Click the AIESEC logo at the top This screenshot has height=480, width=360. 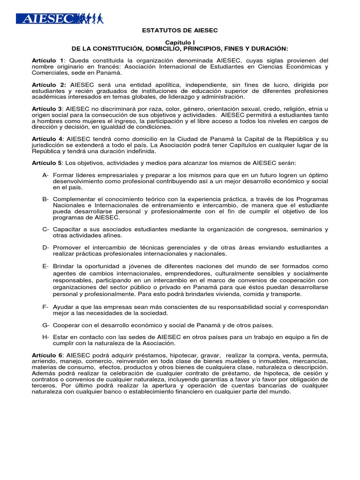(x=60, y=19)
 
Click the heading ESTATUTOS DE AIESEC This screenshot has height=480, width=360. (x=180, y=30)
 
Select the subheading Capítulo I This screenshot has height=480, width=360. (x=180, y=42)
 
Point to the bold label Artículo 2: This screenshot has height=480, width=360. (x=48, y=85)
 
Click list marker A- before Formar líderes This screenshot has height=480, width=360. (x=45, y=175)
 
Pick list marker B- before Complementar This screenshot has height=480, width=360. (x=45, y=199)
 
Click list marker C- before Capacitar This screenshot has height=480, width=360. (x=45, y=229)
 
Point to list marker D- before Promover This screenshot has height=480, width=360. (x=45, y=247)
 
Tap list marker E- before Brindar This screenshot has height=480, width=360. (x=45, y=266)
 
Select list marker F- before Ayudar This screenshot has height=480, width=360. (x=45, y=307)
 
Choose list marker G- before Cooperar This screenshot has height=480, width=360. (x=45, y=325)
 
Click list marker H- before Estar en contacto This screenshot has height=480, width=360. (x=45, y=337)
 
